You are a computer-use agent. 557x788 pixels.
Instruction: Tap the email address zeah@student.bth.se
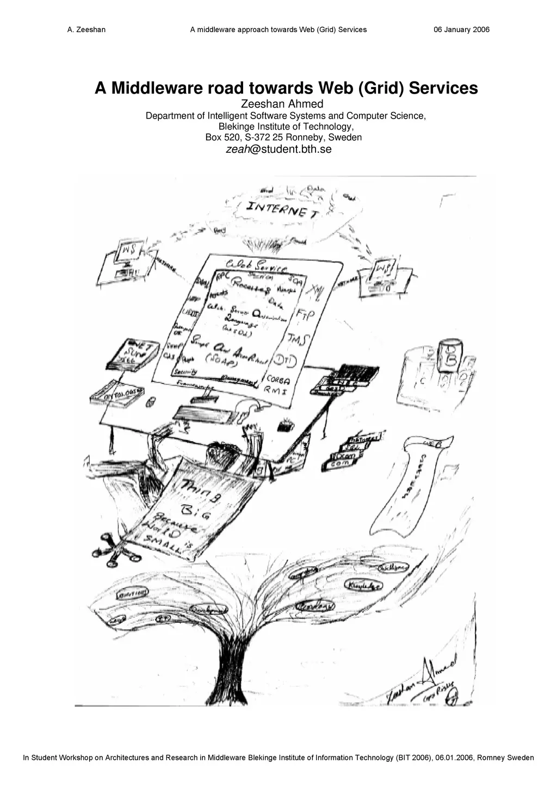pyautogui.click(x=278, y=150)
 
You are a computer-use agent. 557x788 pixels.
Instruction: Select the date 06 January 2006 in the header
pyautogui.click(x=461, y=29)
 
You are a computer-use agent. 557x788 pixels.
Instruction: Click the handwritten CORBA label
pyautogui.click(x=278, y=380)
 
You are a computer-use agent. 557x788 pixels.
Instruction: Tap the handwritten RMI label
pyautogui.click(x=276, y=390)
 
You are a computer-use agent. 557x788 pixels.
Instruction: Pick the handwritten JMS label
pyautogui.click(x=298, y=339)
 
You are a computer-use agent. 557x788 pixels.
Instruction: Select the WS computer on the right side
pyautogui.click(x=384, y=270)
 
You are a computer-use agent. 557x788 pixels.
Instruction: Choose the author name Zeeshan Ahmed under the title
pyautogui.click(x=282, y=104)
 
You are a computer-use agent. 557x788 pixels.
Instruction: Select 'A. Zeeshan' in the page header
pyautogui.click(x=86, y=29)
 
